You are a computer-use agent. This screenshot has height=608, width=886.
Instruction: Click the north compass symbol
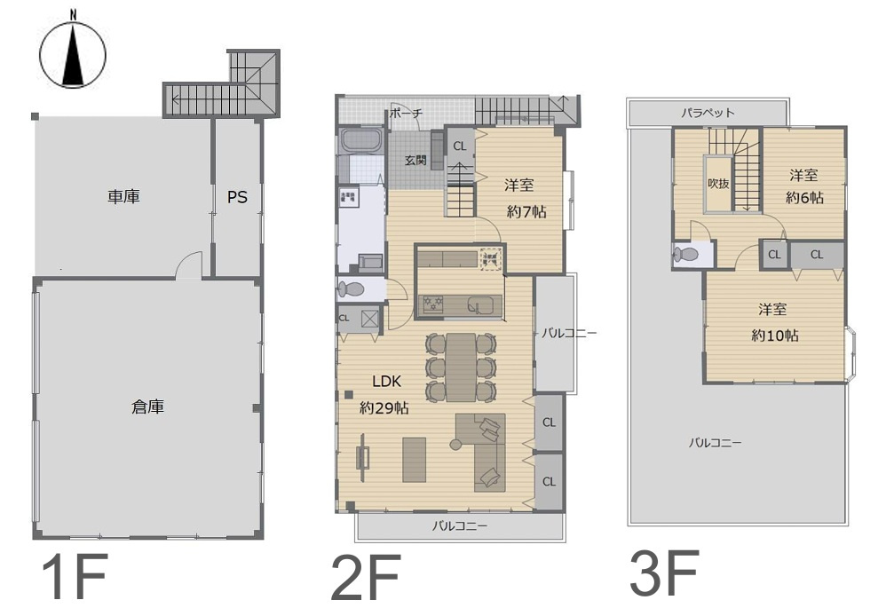click(x=72, y=55)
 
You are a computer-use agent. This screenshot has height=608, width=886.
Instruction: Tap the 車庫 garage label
click(x=123, y=197)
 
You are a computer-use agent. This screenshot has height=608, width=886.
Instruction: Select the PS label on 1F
click(x=237, y=197)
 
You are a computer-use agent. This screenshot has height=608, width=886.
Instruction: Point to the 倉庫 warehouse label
click(x=147, y=407)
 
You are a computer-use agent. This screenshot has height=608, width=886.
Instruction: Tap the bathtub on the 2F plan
click(x=361, y=140)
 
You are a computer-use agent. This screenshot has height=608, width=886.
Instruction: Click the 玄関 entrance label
click(x=415, y=161)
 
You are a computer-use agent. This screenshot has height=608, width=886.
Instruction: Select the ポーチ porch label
click(x=406, y=113)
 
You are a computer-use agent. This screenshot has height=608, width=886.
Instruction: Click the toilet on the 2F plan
click(x=351, y=290)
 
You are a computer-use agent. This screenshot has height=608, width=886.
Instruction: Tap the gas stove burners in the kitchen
click(x=433, y=304)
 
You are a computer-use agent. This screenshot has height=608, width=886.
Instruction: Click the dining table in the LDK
click(x=461, y=367)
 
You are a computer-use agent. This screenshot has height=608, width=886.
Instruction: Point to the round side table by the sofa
click(x=455, y=445)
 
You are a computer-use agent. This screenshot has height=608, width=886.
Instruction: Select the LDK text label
click(x=386, y=382)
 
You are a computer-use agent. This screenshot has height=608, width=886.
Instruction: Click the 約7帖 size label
click(x=526, y=212)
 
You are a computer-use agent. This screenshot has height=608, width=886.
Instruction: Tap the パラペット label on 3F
click(x=708, y=113)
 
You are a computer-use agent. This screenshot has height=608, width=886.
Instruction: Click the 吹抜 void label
click(x=718, y=184)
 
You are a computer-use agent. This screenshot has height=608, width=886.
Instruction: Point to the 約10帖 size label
click(x=775, y=336)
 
